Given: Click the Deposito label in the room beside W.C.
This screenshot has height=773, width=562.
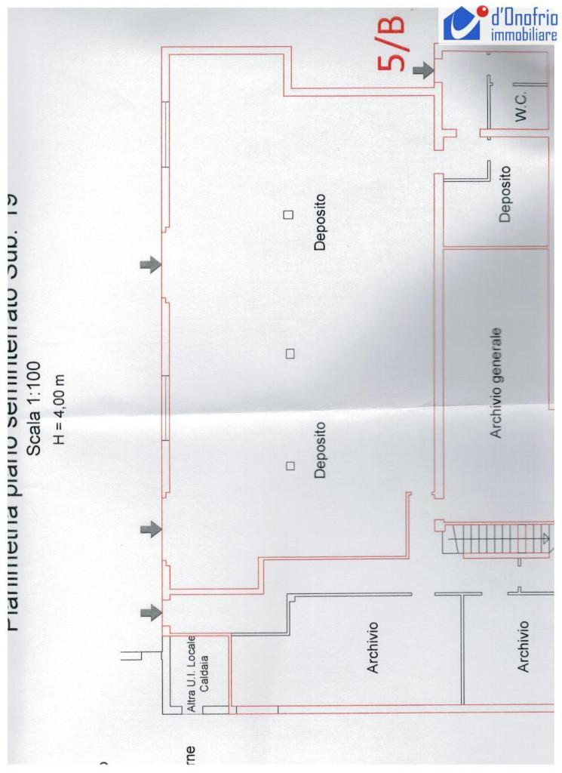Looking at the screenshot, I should coord(505,194).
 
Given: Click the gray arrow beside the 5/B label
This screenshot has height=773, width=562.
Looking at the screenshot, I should coord(424,70).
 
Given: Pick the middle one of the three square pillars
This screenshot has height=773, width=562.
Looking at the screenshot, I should coord(289,353).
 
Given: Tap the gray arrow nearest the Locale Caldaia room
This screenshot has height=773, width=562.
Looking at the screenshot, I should coord(152,611).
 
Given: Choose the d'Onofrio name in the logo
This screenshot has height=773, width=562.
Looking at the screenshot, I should coord(523,16).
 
